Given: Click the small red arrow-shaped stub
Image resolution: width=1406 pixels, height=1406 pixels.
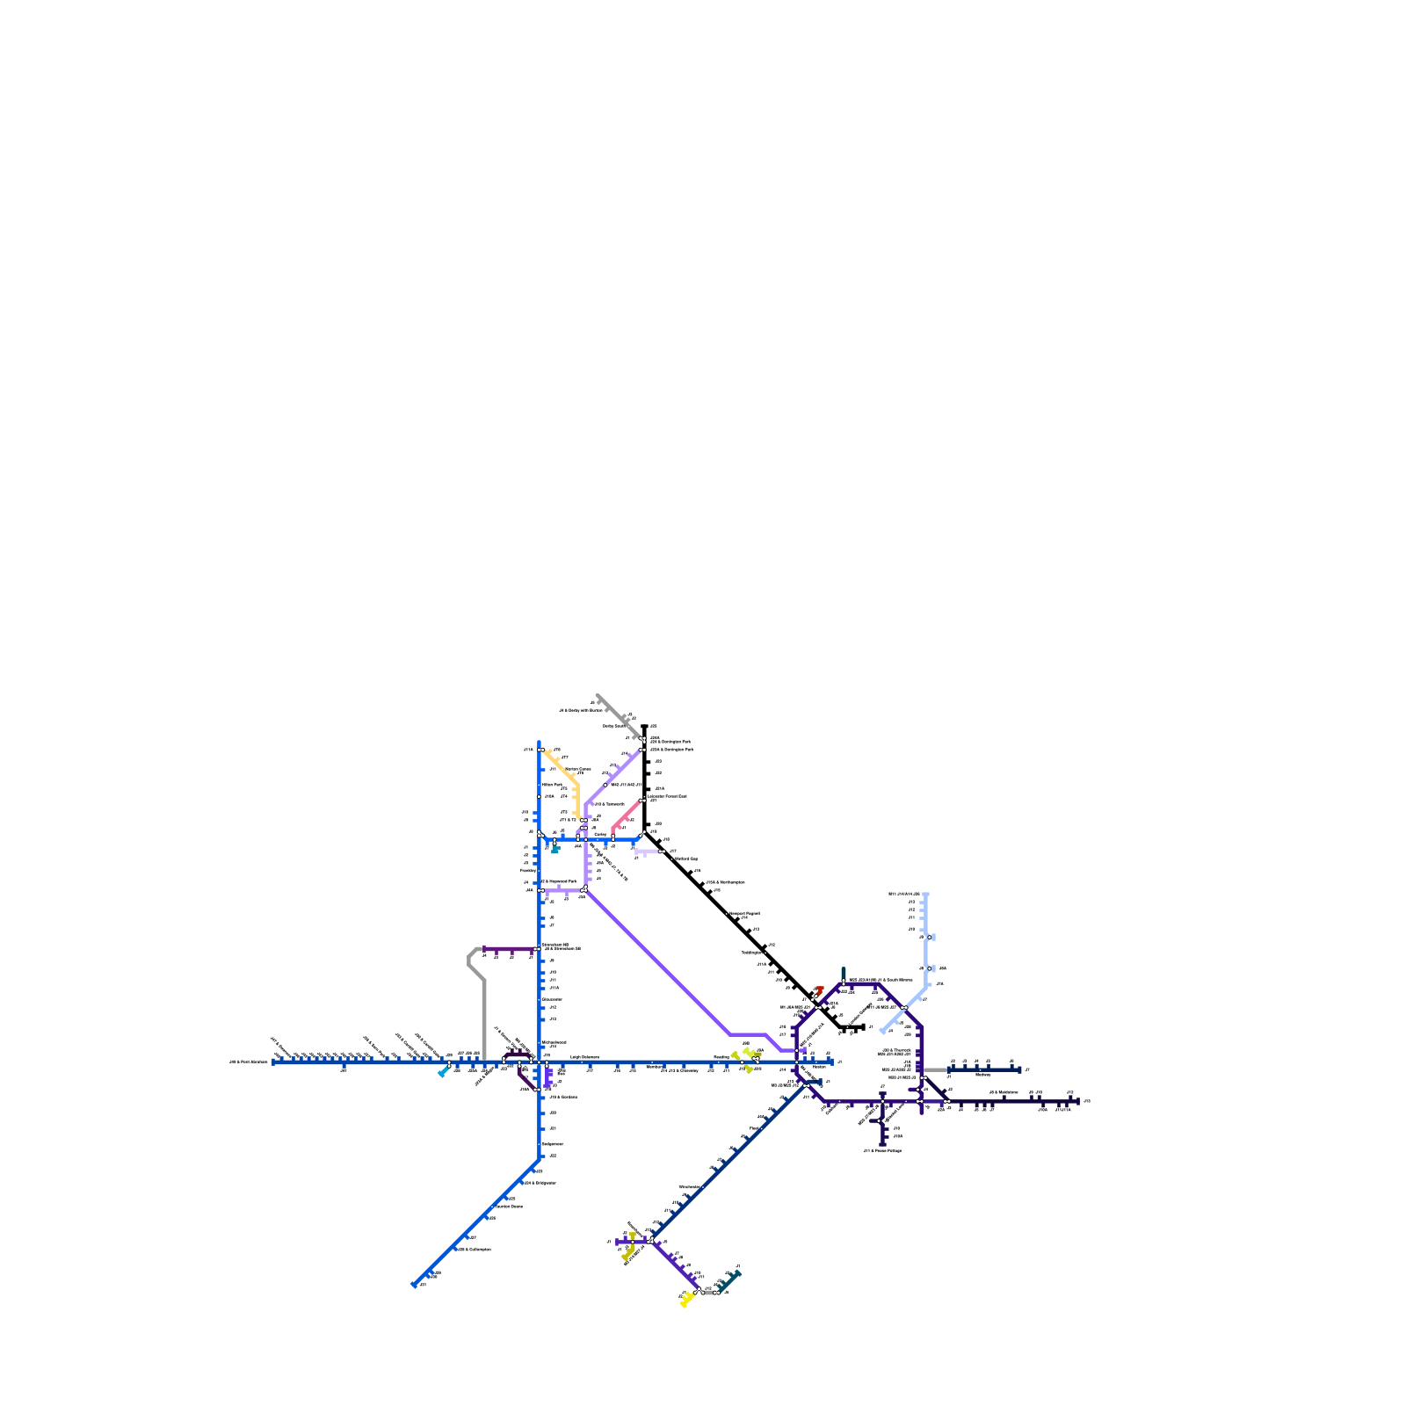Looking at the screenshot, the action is tap(819, 990).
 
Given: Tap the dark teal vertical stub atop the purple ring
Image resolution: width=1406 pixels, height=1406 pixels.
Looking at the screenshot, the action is tap(844, 974).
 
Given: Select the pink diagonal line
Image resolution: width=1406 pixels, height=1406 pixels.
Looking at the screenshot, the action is tap(627, 815).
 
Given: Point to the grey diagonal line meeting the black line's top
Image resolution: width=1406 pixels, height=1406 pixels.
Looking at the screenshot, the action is tap(618, 715).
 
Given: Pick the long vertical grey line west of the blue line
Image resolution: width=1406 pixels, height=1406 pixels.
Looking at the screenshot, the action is tap(484, 1019).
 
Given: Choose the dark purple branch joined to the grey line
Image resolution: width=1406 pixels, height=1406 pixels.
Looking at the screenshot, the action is tap(510, 949).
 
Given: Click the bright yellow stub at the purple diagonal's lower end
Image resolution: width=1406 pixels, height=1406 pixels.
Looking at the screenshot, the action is tap(686, 1300).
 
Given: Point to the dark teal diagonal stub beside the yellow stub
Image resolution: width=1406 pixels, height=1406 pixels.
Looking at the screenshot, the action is tap(729, 1279).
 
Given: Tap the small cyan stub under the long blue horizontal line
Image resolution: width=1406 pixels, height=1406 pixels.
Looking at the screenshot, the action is tap(443, 1072).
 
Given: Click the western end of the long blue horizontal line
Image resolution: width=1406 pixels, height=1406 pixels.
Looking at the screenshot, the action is tap(274, 1062).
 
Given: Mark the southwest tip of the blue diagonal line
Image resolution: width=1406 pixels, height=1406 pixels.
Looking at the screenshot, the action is tap(414, 1285).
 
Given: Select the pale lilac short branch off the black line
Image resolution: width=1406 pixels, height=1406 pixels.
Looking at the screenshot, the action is tap(649, 852).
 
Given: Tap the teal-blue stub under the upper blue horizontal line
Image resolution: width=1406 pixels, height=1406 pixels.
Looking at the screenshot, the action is tap(554, 849).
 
